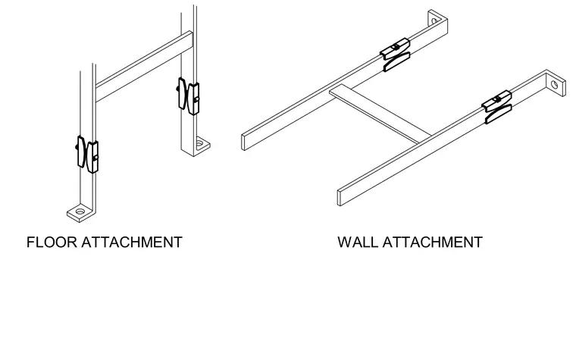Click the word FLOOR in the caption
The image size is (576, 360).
click(x=52, y=243)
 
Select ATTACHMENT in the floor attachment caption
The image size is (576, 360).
click(x=132, y=243)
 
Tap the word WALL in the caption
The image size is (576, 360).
click(x=358, y=243)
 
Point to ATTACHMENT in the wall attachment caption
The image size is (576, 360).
click(x=432, y=243)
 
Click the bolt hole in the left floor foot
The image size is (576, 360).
click(x=80, y=211)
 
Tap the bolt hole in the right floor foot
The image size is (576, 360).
click(x=199, y=143)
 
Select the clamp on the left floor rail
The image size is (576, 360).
click(x=87, y=155)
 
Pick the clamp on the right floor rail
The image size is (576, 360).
click(x=189, y=96)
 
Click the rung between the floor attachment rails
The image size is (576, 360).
click(x=144, y=66)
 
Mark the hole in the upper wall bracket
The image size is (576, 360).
click(x=434, y=21)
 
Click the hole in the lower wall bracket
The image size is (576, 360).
click(x=554, y=85)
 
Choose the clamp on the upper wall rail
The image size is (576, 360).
click(x=396, y=55)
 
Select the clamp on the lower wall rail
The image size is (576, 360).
click(x=496, y=107)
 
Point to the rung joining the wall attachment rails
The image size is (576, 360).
click(x=380, y=114)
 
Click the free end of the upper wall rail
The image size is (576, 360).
click(x=243, y=142)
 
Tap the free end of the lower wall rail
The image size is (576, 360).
click(x=340, y=198)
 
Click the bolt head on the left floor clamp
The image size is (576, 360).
click(x=77, y=147)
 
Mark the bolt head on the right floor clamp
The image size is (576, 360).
click(x=178, y=89)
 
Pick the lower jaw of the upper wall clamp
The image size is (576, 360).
click(x=396, y=62)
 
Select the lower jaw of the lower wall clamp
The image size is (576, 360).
click(x=499, y=114)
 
